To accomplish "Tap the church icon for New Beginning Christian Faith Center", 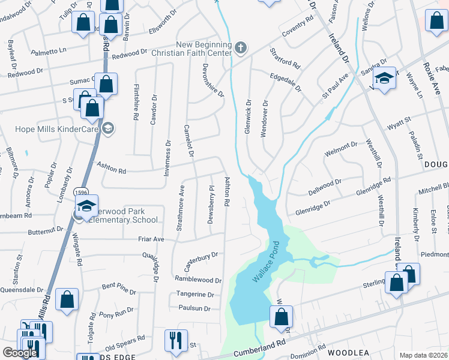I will (x=240, y=48).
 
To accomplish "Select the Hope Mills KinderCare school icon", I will (x=107, y=127).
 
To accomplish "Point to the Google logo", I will (x=19, y=353).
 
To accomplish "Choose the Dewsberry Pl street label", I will (x=211, y=204).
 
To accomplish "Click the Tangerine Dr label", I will (x=195, y=295).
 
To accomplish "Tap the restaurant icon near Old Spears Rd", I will (x=175, y=340).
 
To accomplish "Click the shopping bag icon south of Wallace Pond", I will (x=280, y=316).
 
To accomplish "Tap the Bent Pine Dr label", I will (x=119, y=288).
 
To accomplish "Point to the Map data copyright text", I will (x=423, y=355).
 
